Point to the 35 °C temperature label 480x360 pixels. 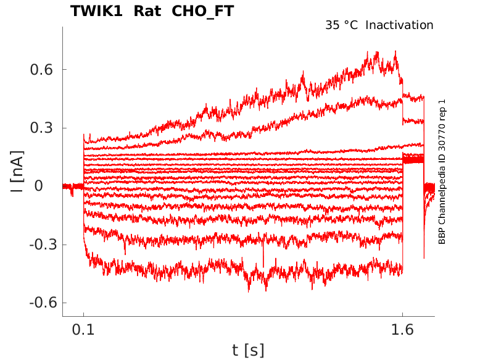341,25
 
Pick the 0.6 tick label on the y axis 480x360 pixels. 41,70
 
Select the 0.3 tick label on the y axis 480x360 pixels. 41,128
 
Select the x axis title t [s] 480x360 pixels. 248,351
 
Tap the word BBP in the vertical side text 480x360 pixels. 442,235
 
